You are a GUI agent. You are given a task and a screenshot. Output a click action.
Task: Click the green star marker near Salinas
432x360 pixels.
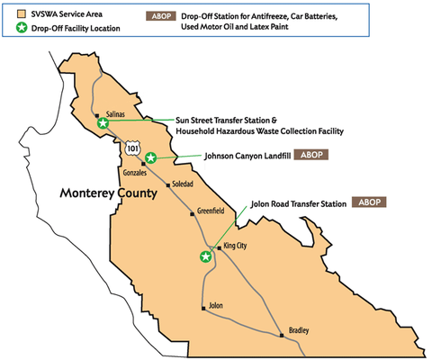click(x=103, y=123)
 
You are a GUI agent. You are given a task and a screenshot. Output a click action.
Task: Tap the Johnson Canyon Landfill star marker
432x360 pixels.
click(x=151, y=157)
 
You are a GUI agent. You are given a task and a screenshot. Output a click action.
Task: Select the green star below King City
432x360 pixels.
click(x=206, y=256)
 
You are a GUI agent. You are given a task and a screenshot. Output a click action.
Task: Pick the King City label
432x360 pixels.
click(x=235, y=247)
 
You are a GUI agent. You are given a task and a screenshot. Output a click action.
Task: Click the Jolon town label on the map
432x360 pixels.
click(x=215, y=306)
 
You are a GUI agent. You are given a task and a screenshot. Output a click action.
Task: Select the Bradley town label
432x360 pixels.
click(x=298, y=329)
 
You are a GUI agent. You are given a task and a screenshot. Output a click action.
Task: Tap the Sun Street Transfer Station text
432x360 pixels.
click(x=224, y=120)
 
